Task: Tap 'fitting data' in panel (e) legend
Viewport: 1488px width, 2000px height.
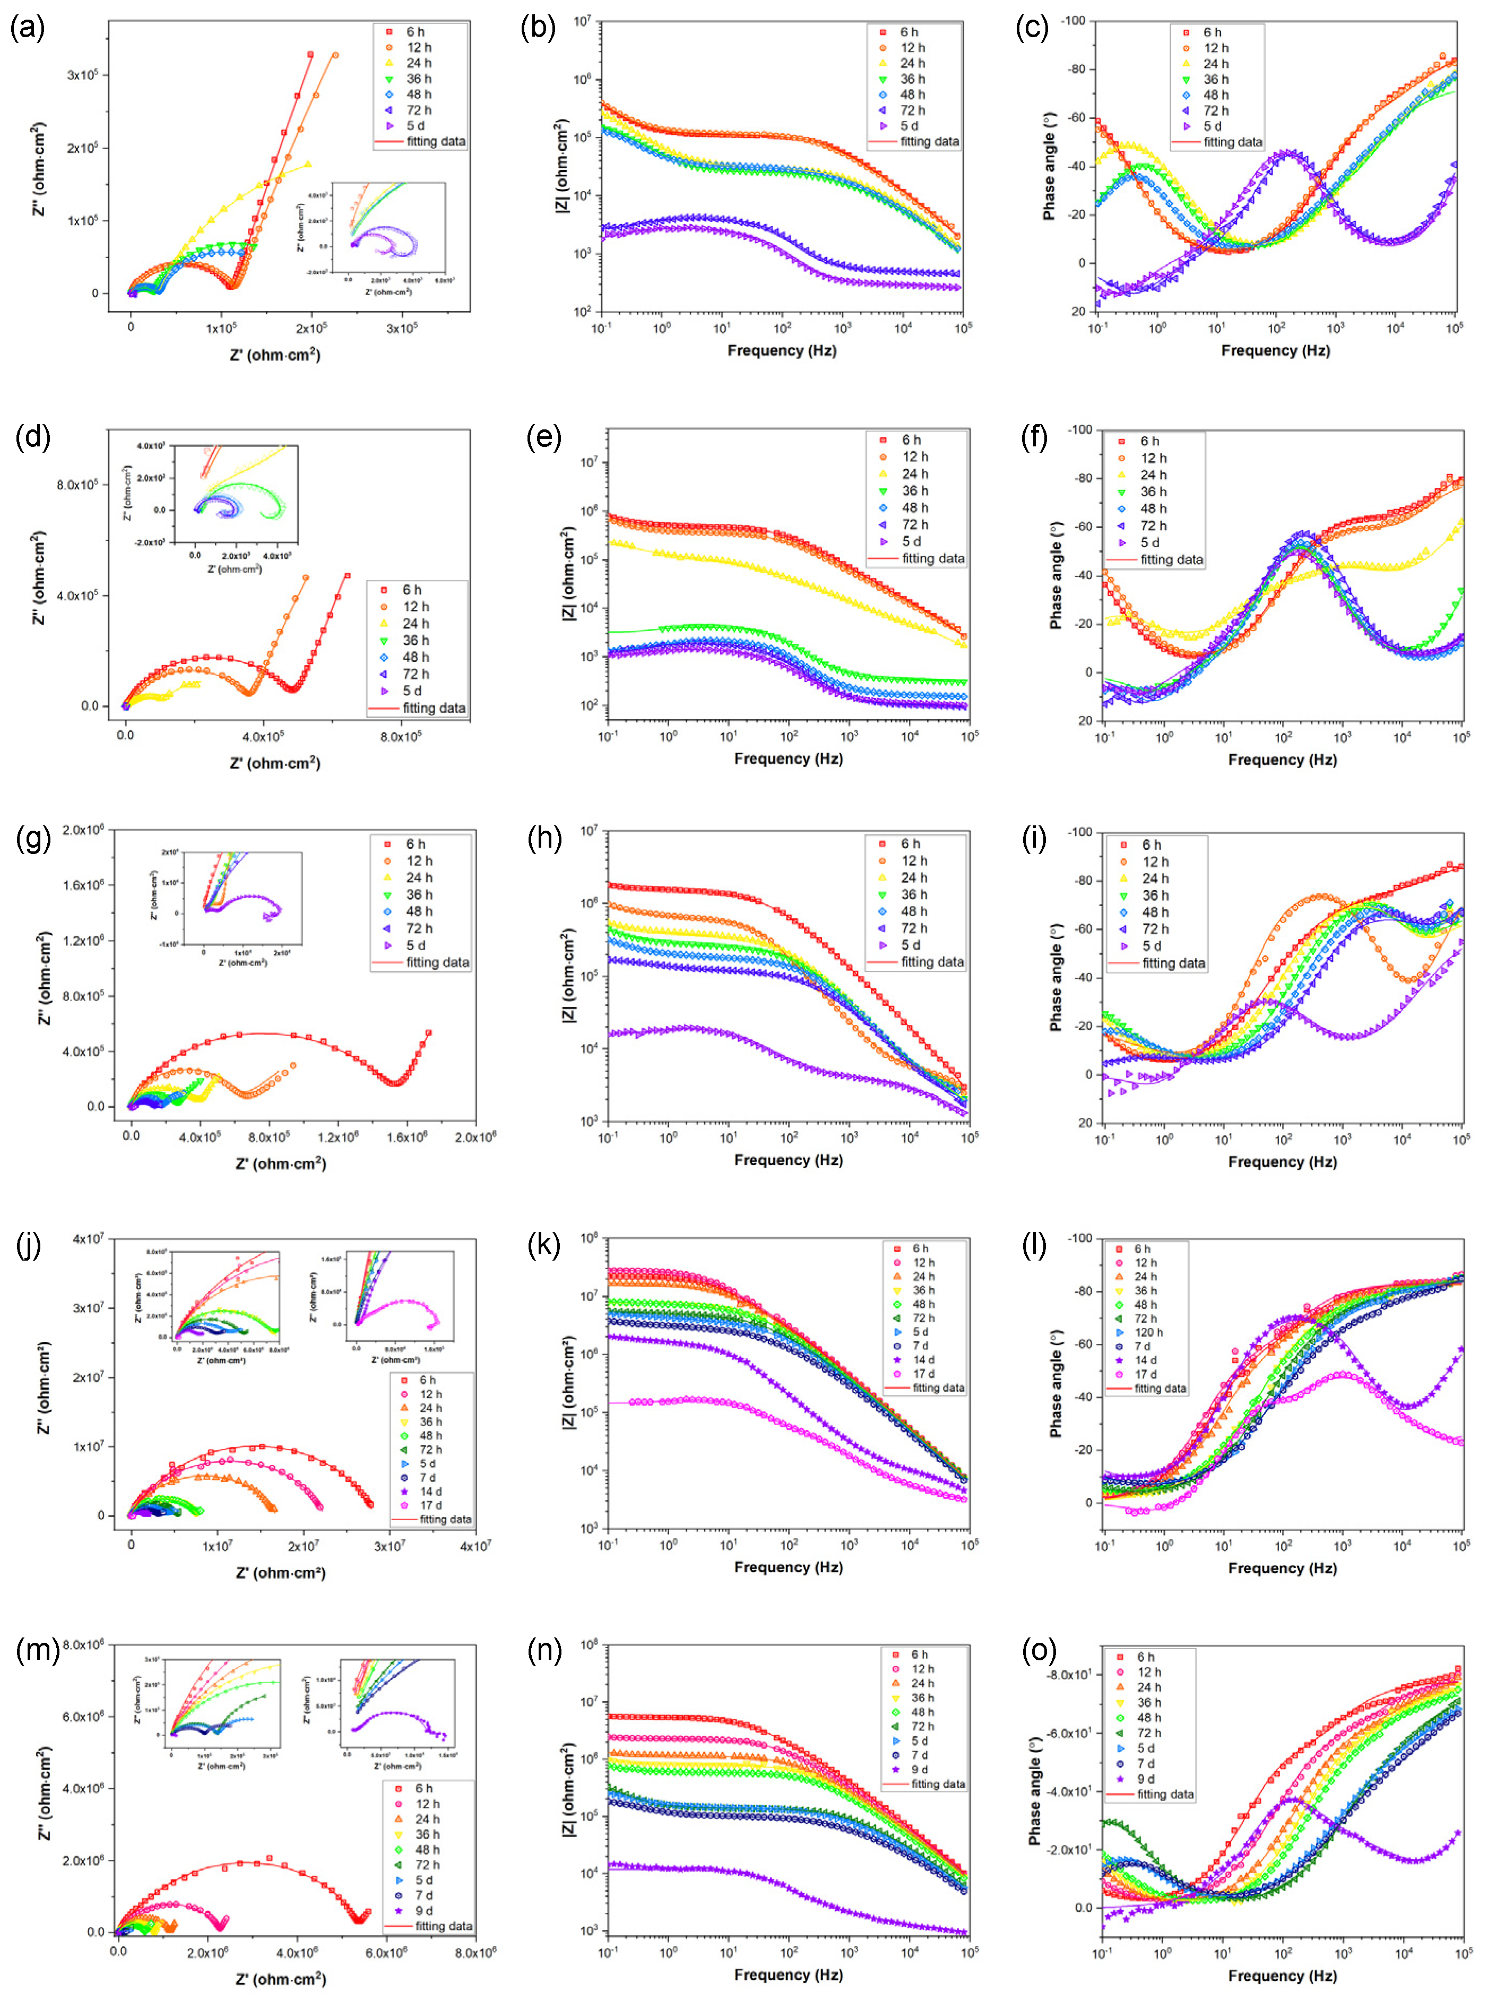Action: [932, 558]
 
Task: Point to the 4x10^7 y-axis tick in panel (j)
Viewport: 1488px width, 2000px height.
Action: [88, 1239]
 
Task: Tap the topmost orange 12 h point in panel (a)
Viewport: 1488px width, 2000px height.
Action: [335, 55]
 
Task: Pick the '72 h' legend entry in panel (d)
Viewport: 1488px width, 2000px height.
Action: [415, 674]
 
